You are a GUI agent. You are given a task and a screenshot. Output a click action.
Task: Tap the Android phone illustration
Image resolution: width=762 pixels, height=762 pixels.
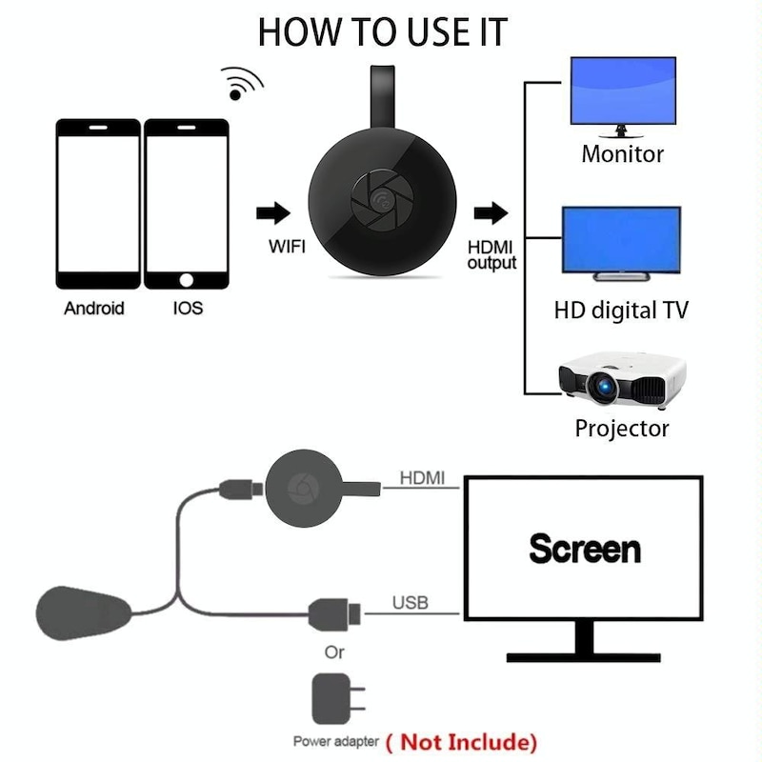coord(98,204)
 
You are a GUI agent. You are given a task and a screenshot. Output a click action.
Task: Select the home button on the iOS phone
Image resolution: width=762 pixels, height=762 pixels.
coord(187,280)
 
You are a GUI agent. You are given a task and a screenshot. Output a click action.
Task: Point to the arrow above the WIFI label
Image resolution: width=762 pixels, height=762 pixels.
coord(273,211)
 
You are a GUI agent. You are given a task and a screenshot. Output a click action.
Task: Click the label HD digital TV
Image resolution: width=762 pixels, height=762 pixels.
coord(620,310)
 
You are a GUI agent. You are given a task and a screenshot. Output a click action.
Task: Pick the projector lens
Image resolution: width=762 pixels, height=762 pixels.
coord(603,385)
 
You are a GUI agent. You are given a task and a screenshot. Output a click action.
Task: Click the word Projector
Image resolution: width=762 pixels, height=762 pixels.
coord(622,428)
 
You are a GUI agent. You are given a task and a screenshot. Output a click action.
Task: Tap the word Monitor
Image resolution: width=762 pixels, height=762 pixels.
coord(622,153)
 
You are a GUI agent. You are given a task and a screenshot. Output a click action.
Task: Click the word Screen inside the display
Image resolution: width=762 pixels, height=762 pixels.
coord(585,549)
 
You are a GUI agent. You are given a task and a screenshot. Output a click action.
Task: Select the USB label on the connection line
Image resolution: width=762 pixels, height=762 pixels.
coord(411,602)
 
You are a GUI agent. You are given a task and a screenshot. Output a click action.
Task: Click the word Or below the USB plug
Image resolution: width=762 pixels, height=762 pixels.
coord(334,652)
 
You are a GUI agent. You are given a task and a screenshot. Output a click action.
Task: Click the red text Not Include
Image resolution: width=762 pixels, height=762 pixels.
coord(467,741)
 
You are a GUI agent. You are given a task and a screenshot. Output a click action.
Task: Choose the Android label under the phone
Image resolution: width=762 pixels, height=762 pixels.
coord(94,308)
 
